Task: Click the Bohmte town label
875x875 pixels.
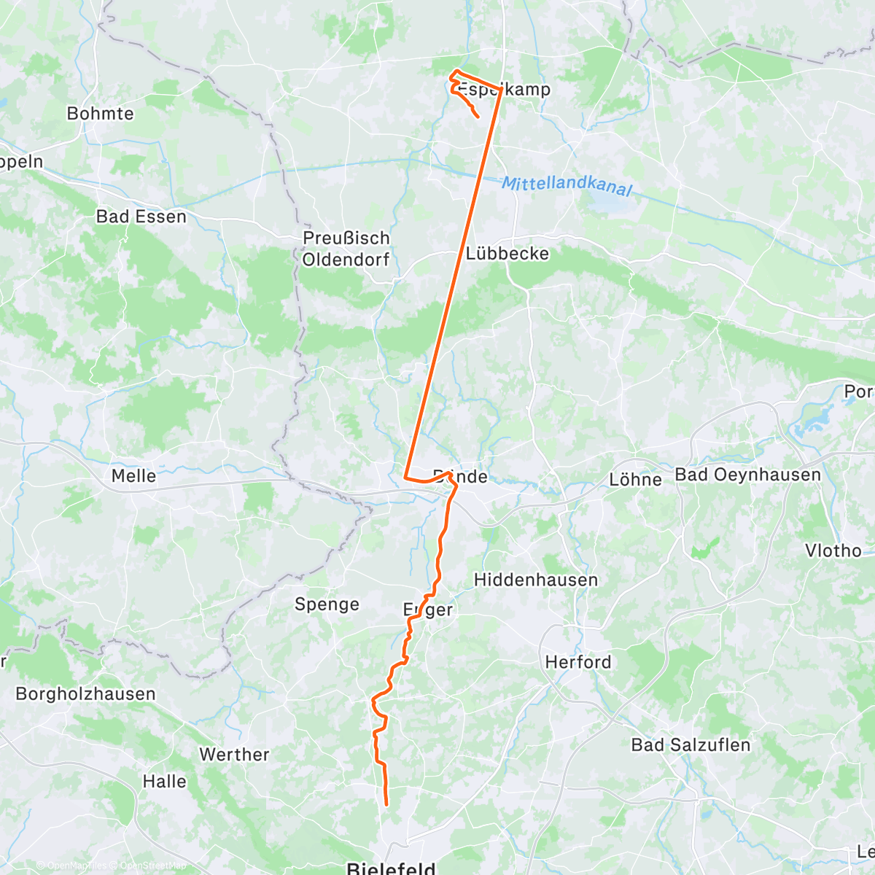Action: (101, 114)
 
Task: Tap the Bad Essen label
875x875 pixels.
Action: (141, 217)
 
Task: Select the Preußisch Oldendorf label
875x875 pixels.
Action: (346, 249)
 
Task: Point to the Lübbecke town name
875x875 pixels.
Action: (507, 254)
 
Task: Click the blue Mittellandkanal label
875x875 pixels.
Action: (567, 185)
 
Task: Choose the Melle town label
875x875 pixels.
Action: (133, 476)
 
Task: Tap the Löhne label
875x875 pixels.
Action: (636, 480)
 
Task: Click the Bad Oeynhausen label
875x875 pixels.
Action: (748, 475)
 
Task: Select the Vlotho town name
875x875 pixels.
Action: (833, 551)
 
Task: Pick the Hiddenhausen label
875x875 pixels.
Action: (536, 580)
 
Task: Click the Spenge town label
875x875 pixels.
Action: (327, 604)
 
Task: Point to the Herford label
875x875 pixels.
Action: (578, 662)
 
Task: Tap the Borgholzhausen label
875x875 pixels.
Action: (86, 693)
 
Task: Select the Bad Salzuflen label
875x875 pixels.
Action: (691, 745)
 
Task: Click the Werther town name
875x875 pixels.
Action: (234, 755)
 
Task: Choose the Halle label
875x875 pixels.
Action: (164, 782)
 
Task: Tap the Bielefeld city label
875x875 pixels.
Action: (391, 868)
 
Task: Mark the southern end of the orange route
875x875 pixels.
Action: (386, 805)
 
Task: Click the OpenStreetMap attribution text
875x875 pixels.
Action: (153, 866)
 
